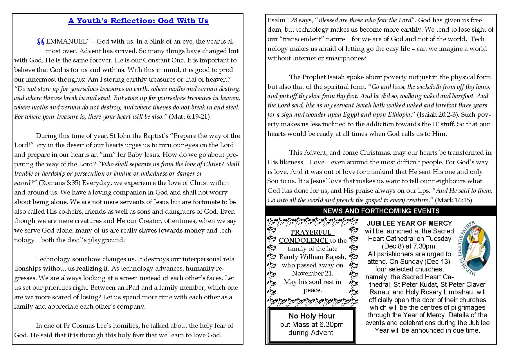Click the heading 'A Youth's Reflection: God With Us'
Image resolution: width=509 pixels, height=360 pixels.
point(138,21)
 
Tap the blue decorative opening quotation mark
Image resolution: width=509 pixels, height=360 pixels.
point(41,42)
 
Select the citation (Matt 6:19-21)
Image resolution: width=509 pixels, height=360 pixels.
point(189,117)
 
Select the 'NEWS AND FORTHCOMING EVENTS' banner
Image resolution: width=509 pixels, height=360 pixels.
point(381,211)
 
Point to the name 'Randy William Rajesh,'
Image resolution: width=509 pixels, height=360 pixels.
point(313,257)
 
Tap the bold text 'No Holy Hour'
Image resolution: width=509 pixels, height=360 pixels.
point(312,316)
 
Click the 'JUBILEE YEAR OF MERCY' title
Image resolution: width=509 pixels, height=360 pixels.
point(409,223)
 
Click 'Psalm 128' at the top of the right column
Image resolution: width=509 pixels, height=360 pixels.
point(281,20)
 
